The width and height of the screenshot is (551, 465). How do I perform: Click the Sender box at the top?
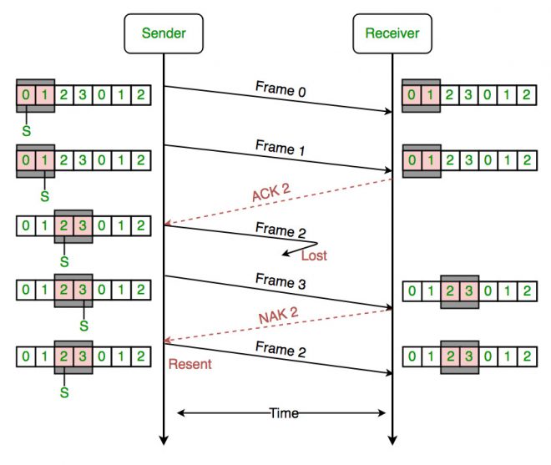(x=163, y=34)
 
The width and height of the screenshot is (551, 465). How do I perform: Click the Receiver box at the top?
(x=392, y=34)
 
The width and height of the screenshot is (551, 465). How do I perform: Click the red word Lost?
(x=314, y=255)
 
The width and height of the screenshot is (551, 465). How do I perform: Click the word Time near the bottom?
(x=282, y=412)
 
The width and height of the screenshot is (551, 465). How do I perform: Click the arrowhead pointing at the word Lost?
(x=286, y=253)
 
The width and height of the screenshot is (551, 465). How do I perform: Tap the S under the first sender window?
(x=27, y=131)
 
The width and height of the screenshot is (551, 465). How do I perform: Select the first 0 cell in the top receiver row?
(x=410, y=94)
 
